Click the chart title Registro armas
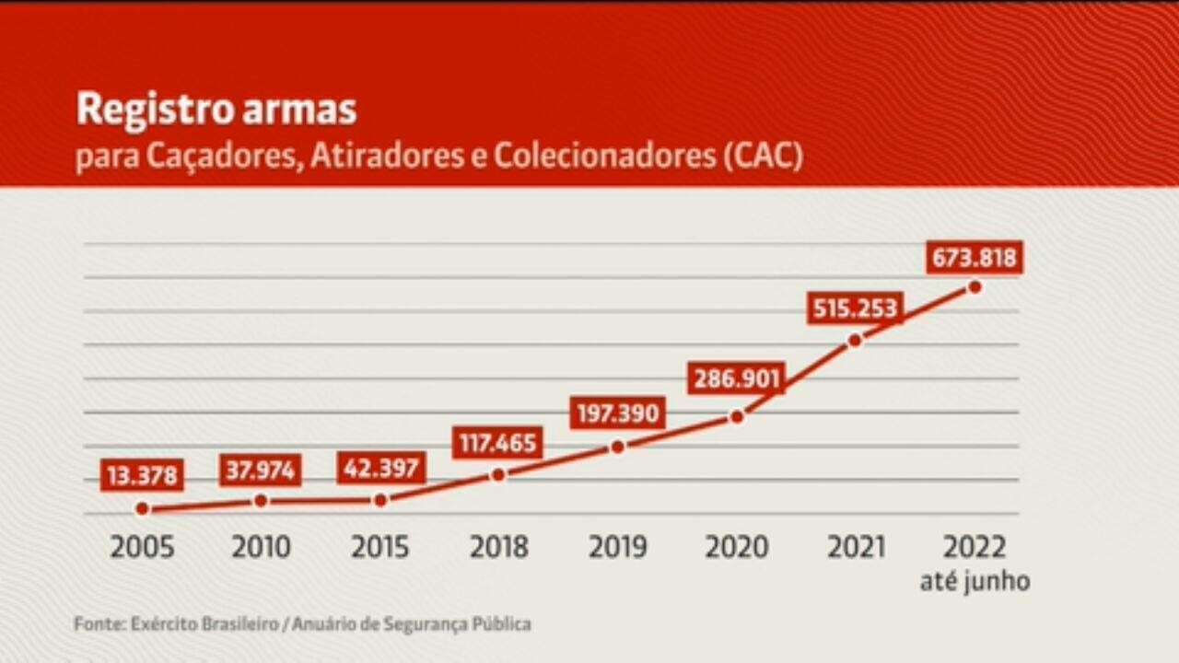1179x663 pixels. tap(216, 110)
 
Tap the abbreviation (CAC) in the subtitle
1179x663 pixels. tap(763, 156)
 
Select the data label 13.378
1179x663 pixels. tap(142, 476)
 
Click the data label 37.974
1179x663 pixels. tap(261, 471)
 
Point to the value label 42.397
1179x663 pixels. tap(380, 468)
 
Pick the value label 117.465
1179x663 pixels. tap(497, 443)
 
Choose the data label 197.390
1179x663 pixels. tap(617, 413)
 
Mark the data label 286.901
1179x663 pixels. tap(735, 378)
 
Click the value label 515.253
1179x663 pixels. tap(854, 308)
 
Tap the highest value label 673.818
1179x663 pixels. tap(975, 259)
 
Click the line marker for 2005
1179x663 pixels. tap(142, 508)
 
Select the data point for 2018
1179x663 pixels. tap(498, 475)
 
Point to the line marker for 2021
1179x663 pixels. tap(855, 341)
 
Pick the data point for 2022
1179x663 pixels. tap(975, 287)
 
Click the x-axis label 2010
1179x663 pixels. tap(261, 547)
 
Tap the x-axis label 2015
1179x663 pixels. tap(380, 547)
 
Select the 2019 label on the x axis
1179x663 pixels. tap(617, 547)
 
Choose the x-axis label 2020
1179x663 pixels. tap(736, 547)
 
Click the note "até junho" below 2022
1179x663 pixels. tap(975, 582)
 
